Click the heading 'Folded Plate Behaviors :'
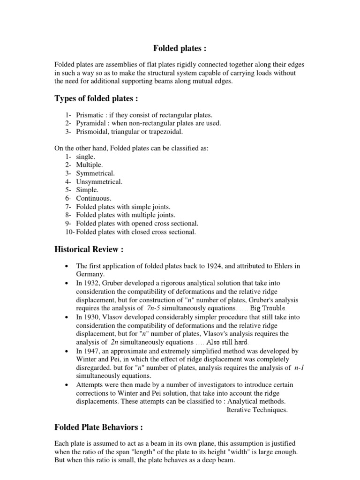98,427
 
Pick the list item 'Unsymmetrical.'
99,181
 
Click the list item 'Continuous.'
94,198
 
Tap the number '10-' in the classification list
70,232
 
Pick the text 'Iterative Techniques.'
257,410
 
